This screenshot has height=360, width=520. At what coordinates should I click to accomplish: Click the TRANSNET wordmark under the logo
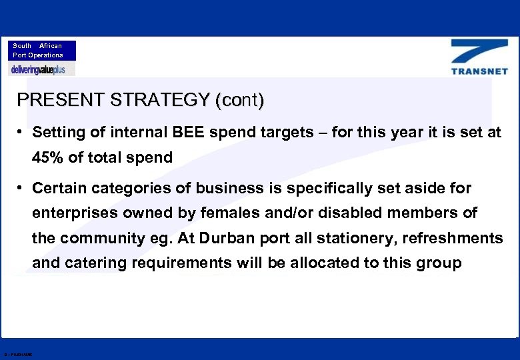tap(479, 71)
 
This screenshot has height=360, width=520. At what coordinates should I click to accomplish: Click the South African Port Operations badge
tap(42, 51)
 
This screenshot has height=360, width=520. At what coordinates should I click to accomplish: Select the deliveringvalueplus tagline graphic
tap(41, 69)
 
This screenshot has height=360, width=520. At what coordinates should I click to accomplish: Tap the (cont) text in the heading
tap(239, 101)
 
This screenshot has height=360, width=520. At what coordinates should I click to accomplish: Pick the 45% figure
tap(47, 158)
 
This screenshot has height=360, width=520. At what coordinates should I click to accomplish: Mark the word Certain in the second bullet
tap(59, 189)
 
